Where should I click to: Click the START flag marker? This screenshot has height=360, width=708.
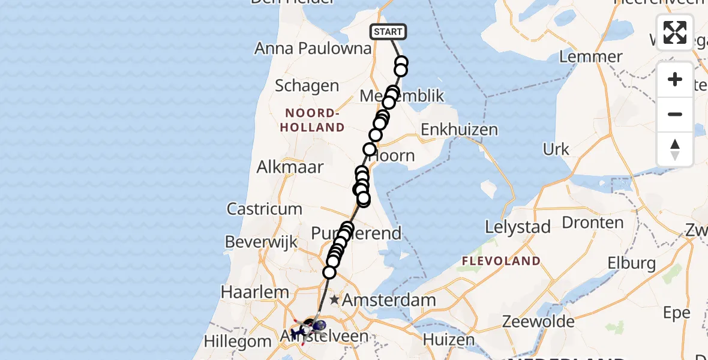[388, 32]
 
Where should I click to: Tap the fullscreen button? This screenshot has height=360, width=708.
[675, 32]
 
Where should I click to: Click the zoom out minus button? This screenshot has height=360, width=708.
[675, 114]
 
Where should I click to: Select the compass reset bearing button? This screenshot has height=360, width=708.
[675, 149]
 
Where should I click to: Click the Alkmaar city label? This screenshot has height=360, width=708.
[290, 167]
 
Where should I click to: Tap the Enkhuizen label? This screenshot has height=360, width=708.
[459, 130]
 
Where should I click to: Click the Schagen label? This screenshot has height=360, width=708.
[307, 86]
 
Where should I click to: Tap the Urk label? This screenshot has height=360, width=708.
[556, 149]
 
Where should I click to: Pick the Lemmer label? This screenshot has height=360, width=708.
[590, 57]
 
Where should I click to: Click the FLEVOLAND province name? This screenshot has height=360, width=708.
[500, 261]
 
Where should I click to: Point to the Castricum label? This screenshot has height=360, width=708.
[264, 209]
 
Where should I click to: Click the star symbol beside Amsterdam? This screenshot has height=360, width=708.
[334, 299]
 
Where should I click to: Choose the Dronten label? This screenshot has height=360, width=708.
[593, 223]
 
